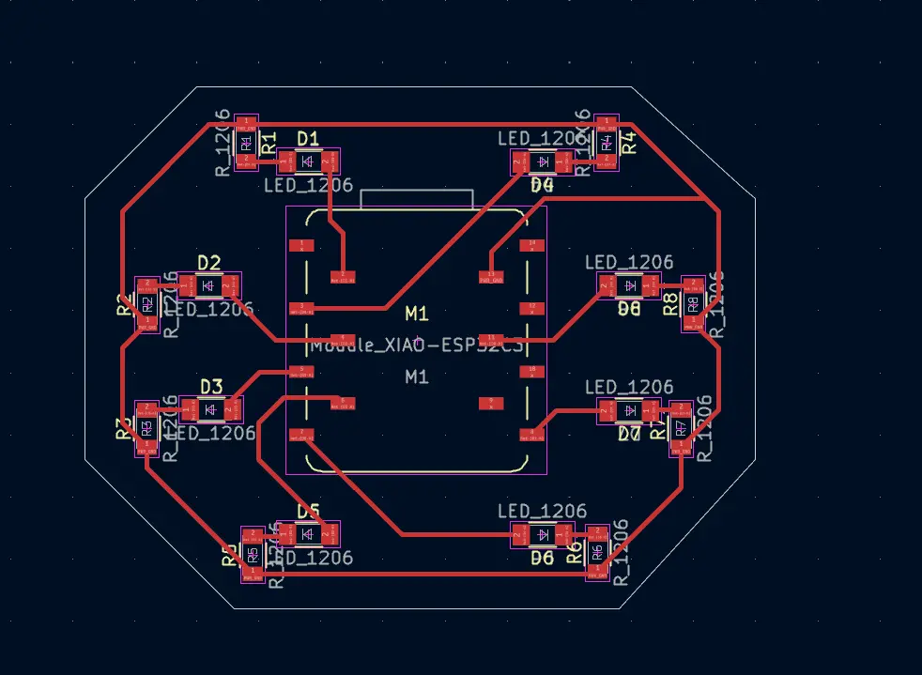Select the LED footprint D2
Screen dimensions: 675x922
[x=208, y=284]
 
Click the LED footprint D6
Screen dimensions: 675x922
[x=542, y=535]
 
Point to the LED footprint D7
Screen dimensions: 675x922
[x=629, y=410]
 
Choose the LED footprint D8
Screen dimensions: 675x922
[x=629, y=284]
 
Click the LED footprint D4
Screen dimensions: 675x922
[x=542, y=162]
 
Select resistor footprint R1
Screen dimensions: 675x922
[x=245, y=142]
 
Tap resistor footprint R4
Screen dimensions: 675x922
[x=606, y=142]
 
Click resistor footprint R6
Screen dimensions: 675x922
[x=596, y=552]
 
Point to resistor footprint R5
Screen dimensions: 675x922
[x=252, y=554]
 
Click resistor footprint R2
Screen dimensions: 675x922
[x=147, y=304]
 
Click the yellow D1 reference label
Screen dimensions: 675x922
[x=308, y=139]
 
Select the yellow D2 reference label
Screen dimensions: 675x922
[x=208, y=262]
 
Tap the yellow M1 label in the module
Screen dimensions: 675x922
[x=416, y=313]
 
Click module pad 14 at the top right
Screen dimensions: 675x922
[x=532, y=246]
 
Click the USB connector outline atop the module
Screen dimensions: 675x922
[x=417, y=198]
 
